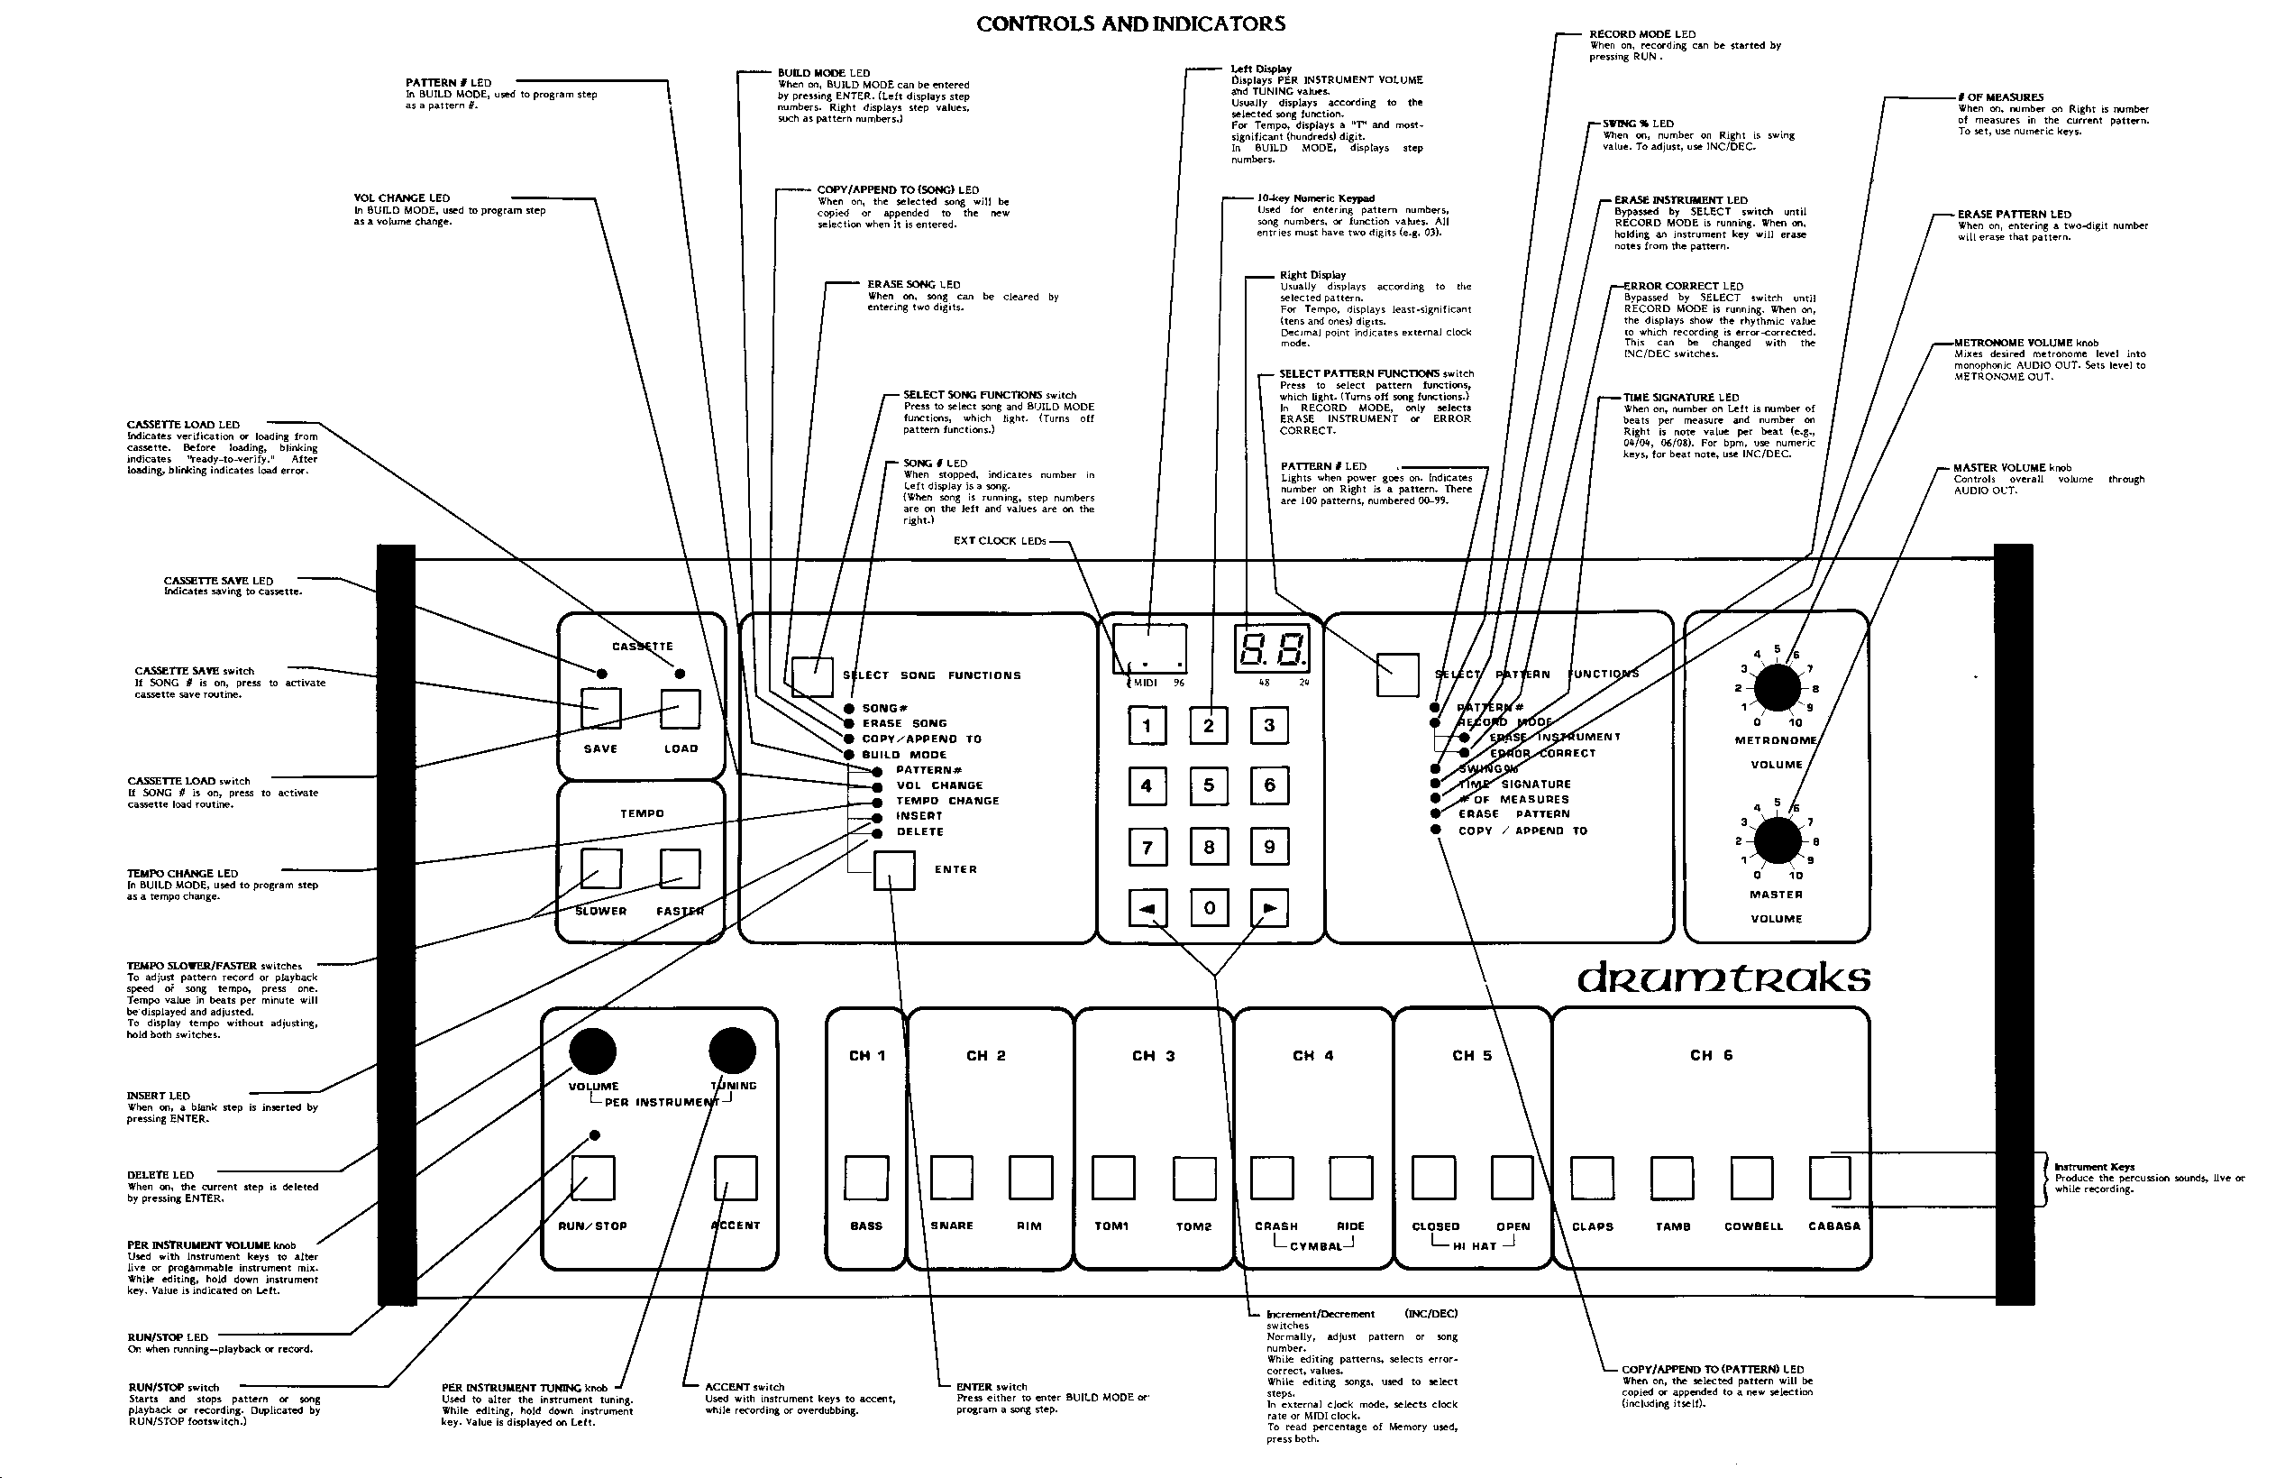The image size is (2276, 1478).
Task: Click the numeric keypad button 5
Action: pos(1208,785)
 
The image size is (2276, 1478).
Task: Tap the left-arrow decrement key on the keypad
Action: pos(1147,908)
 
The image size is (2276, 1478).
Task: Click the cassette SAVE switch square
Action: pos(600,709)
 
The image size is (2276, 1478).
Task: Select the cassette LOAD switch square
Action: pos(680,709)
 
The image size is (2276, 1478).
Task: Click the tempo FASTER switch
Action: pos(680,868)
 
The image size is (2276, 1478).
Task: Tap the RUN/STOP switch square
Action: pos(593,1178)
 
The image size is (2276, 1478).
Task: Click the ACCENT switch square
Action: pos(736,1178)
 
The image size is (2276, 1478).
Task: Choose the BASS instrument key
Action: pos(866,1178)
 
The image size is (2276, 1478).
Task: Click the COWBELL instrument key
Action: pos(1752,1178)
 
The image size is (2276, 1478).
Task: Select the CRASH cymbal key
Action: pos(1272,1178)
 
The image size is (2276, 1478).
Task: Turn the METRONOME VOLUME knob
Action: pos(1777,688)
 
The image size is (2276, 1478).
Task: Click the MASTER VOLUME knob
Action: pos(1777,840)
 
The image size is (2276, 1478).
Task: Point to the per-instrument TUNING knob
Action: pos(733,1051)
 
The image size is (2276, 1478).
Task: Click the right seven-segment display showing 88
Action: pos(1272,649)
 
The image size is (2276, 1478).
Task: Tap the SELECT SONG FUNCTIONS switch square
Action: pos(812,676)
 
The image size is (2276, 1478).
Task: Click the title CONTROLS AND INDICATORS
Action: pos(1130,25)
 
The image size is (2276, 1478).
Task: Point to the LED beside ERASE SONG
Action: pos(849,724)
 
